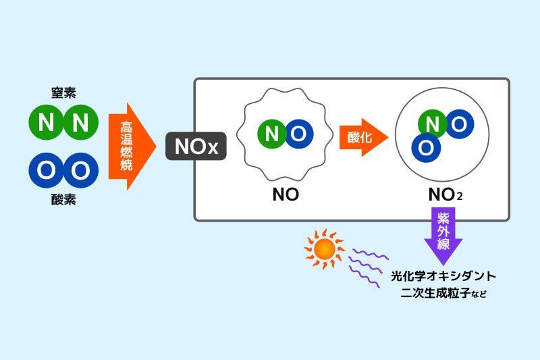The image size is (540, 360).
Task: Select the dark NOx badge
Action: (x=196, y=146)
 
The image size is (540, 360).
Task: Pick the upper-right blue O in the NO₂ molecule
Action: (x=458, y=124)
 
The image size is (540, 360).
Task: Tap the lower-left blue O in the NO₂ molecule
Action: (x=425, y=146)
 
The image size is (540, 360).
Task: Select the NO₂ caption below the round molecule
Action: (x=446, y=196)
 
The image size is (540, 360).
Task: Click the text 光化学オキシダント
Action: (x=443, y=276)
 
